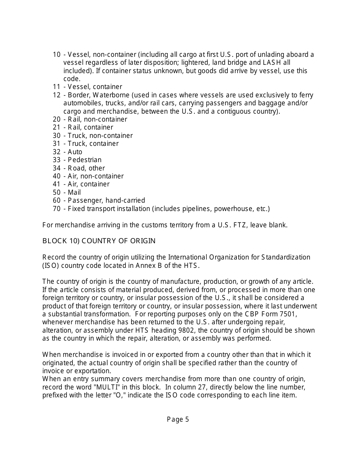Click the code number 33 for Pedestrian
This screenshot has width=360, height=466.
click(x=56, y=160)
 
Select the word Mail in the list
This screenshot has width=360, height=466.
click(x=74, y=192)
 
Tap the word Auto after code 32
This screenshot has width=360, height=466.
click(x=75, y=152)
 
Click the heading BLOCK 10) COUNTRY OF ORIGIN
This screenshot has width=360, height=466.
click(x=99, y=241)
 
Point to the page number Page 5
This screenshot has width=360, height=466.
click(x=178, y=419)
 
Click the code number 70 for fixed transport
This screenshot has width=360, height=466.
click(x=56, y=209)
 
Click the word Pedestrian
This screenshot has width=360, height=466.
click(x=85, y=160)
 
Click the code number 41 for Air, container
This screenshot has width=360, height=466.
click(x=56, y=184)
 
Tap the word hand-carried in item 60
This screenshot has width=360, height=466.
click(x=125, y=200)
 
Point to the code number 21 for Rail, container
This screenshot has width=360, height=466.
click(x=56, y=127)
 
